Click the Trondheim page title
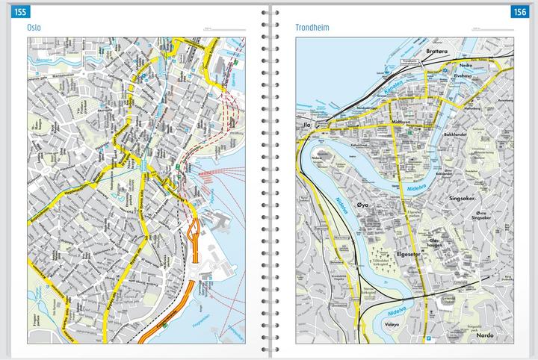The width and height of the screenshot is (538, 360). (x=312, y=28)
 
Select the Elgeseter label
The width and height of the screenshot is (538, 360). (x=412, y=253)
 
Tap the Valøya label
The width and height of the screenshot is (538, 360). (x=393, y=324)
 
